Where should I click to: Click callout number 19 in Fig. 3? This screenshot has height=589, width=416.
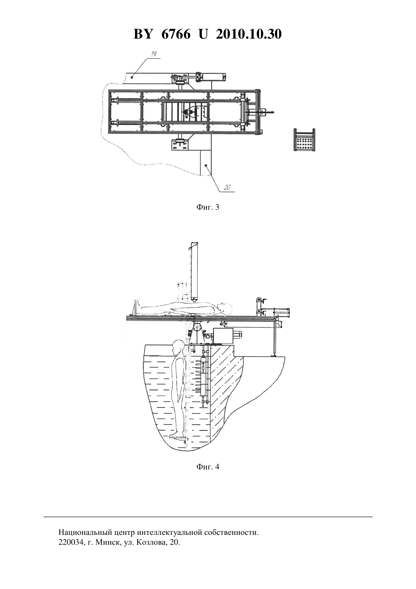coord(154,54)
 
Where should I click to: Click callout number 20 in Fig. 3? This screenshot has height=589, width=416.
coord(227,187)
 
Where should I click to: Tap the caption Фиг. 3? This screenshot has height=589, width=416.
coord(208,207)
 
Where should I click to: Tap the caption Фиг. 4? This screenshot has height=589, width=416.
coord(208,467)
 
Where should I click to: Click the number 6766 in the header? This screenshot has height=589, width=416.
coord(176,34)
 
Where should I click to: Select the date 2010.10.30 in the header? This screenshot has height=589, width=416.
coord(249,34)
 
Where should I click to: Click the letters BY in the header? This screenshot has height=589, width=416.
coord(143,34)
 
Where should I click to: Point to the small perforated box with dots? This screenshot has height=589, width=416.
coord(304,140)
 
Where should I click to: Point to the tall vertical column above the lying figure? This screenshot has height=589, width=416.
coord(194,271)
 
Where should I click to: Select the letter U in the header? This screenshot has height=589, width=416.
coord(203,34)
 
